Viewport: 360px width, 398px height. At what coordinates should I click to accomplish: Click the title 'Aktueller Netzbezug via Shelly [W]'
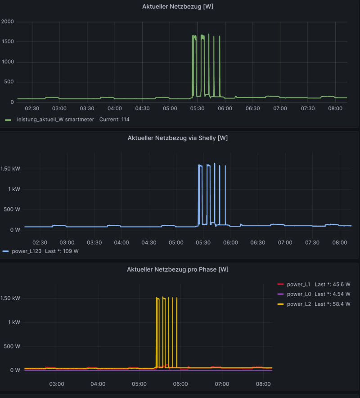(177, 138)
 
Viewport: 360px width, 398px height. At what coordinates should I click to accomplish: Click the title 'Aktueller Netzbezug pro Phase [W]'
(177, 269)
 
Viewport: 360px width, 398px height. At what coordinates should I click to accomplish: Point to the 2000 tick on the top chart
(8, 22)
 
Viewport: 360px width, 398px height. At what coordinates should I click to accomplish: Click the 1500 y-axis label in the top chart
(8, 42)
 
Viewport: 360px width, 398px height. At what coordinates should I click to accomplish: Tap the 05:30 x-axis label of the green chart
(197, 108)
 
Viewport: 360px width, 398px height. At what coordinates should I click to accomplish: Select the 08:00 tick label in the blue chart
(339, 242)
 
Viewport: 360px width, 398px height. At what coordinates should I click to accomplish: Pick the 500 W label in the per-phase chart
(11, 346)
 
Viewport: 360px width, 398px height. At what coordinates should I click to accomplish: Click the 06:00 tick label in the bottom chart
(180, 384)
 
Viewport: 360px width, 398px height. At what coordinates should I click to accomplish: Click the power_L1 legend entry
(298, 284)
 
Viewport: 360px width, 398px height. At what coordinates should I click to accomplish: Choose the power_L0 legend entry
(298, 294)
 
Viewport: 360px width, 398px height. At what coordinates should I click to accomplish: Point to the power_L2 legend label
(298, 304)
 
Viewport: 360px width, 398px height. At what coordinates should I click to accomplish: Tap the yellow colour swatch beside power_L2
(280, 304)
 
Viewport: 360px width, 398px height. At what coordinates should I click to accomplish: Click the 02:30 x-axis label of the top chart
(32, 108)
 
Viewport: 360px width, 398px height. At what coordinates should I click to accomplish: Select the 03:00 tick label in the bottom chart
(57, 384)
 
